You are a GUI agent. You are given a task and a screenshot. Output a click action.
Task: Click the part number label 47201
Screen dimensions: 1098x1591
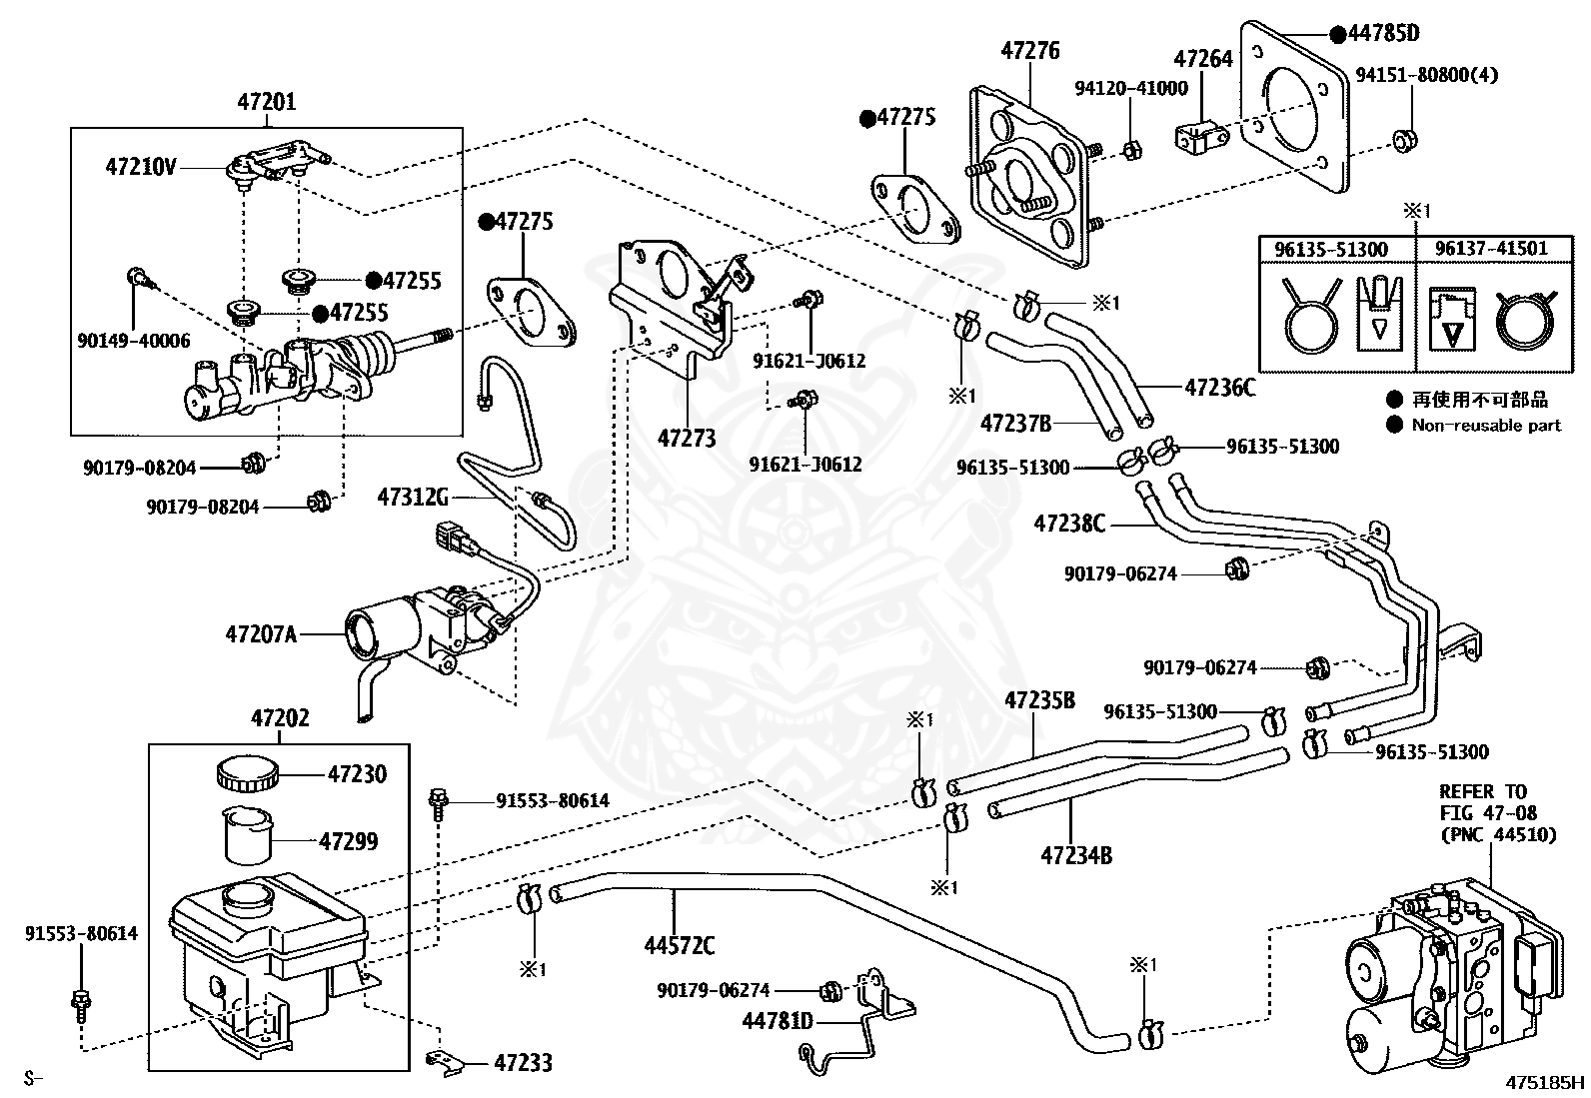(x=267, y=102)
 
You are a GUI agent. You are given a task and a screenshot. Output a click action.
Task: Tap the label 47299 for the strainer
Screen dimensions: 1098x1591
(x=349, y=841)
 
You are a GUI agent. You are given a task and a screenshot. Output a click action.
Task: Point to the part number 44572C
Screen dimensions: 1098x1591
(x=680, y=944)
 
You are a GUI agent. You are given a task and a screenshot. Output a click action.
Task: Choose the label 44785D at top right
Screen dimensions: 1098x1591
(x=1382, y=33)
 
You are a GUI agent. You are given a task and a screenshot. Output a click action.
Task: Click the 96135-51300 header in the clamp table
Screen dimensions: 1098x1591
(x=1335, y=248)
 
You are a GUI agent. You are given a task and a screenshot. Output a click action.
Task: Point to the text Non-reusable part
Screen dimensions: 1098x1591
(x=1486, y=425)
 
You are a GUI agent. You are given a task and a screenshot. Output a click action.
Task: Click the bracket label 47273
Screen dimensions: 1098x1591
(x=687, y=437)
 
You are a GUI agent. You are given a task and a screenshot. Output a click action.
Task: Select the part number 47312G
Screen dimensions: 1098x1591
(x=413, y=496)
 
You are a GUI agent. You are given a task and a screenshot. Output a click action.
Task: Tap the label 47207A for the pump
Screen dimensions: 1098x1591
(x=261, y=632)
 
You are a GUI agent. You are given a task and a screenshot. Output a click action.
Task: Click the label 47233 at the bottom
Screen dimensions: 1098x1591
(x=524, y=1063)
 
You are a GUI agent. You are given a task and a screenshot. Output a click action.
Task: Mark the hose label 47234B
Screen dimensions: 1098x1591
(x=1076, y=854)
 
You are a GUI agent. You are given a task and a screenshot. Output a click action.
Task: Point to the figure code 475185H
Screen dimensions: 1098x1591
(x=1546, y=1081)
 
